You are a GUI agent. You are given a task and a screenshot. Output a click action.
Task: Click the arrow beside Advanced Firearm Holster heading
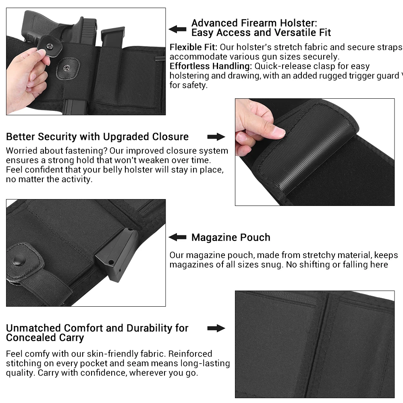click(x=177, y=29)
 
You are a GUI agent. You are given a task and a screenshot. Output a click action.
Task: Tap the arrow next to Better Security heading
click(x=216, y=137)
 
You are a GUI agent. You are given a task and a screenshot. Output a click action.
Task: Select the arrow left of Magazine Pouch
click(x=177, y=237)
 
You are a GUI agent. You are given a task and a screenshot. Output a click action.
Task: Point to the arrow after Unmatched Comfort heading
click(x=216, y=328)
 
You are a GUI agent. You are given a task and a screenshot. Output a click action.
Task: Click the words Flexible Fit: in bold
click(x=193, y=47)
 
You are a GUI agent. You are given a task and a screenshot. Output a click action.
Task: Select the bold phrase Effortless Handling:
click(x=210, y=66)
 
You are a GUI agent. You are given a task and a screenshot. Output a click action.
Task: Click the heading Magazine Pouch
click(x=231, y=237)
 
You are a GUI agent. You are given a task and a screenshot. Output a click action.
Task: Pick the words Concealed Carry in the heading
click(x=45, y=338)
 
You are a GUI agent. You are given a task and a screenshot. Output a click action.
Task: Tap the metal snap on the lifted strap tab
click(x=49, y=46)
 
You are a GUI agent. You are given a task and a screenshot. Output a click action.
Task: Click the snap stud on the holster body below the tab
click(x=67, y=68)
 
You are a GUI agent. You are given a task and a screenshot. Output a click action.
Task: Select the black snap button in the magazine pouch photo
click(x=19, y=260)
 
